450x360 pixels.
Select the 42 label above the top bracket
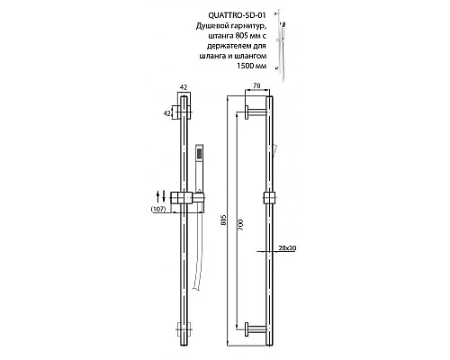click(x=184, y=86)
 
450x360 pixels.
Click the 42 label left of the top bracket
click(x=166, y=114)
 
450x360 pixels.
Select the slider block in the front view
click(x=268, y=198)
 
